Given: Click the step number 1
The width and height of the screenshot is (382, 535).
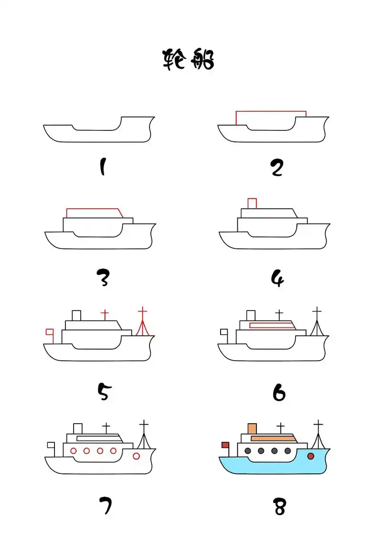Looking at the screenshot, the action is (x=103, y=167).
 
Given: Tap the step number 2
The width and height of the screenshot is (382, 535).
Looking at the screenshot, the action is (x=277, y=168).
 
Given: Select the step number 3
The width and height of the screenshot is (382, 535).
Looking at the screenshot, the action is (x=103, y=278).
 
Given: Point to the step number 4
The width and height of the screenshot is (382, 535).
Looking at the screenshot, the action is (x=277, y=278).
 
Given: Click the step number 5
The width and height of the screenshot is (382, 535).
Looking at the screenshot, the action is (x=105, y=391).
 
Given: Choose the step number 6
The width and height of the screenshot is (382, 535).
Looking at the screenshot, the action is (x=279, y=392).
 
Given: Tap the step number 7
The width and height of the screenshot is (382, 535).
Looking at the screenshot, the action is (x=106, y=505).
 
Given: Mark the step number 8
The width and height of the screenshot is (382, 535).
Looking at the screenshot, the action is (x=279, y=506).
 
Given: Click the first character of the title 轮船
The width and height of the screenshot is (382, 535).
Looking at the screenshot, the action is (x=174, y=59).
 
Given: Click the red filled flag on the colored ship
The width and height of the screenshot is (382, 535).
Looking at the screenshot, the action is (x=225, y=445).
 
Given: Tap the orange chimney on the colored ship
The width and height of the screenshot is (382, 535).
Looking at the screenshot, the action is (x=252, y=428).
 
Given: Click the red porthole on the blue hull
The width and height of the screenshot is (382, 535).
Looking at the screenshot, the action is (x=311, y=456).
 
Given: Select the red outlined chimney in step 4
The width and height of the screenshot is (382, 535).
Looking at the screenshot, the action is (x=252, y=203).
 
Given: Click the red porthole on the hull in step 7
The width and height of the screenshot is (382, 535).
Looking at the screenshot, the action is (x=136, y=456).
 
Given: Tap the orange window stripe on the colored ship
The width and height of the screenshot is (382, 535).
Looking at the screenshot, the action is (x=273, y=439).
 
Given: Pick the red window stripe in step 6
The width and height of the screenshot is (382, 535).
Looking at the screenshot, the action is (x=272, y=325).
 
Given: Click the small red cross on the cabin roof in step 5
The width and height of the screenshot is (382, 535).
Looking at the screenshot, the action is (x=105, y=315).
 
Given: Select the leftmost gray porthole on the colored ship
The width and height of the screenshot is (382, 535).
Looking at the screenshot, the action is (x=248, y=451).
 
